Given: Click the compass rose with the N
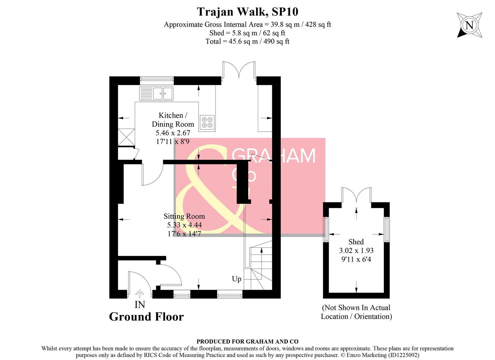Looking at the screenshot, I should pos(469,25).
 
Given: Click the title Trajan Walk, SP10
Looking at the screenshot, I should pos(247,12).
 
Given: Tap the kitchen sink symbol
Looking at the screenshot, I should pos(156,93).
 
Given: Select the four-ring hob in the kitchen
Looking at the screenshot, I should pos(207,122).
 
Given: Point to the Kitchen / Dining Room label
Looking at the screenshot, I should pos(172,120).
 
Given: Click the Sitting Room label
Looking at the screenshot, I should pos(184,216).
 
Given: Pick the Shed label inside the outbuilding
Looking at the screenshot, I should pos(356,242).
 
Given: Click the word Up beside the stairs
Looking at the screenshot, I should pos(236,279).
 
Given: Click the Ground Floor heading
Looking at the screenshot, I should pos(146,317).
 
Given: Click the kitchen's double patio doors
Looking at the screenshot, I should pos(239,71).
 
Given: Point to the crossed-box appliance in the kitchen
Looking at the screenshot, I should pos(126,137).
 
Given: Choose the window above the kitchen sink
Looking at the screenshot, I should pos(157,79).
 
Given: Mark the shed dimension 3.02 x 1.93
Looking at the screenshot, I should pos(356,251).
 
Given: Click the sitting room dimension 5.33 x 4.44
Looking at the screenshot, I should pos(184,225).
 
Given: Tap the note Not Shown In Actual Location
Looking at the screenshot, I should pos(356,312).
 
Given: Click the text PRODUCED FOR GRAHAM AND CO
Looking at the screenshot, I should pos(247,341).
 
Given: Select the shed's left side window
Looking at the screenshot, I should pos(327,230).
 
